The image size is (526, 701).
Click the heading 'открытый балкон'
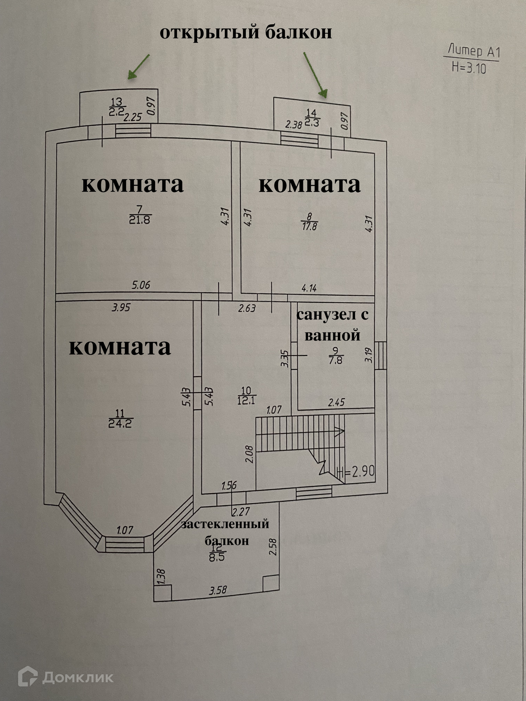tap(245, 33)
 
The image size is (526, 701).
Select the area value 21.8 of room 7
tap(139, 220)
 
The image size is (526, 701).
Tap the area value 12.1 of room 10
tap(246, 401)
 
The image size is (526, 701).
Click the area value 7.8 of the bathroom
tap(336, 360)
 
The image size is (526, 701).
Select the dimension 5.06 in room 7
tap(141, 285)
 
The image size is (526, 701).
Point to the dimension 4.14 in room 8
tap(309, 288)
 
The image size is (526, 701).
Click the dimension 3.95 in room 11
tap(121, 308)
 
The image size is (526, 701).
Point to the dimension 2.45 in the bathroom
tap(336, 403)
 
